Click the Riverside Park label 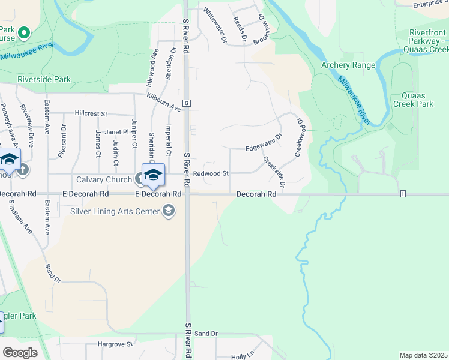(x=44, y=79)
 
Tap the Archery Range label (x=348, y=65)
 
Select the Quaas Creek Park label (x=413, y=100)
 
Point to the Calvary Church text (x=104, y=179)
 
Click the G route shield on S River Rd (x=187, y=103)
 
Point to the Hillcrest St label (x=91, y=113)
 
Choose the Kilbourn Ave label (x=163, y=102)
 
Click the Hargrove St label (x=109, y=345)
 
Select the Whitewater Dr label (x=215, y=25)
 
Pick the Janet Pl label (x=117, y=132)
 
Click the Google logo (x=20, y=353)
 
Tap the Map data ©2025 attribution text (x=423, y=355)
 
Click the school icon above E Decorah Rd (x=153, y=174)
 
